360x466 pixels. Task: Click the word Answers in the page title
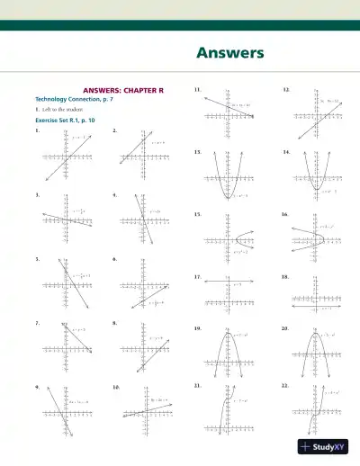(230, 53)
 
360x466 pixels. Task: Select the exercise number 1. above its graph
(36, 130)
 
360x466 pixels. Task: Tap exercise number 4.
(114, 194)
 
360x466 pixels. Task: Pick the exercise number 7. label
(36, 321)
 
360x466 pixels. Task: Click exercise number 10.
(116, 385)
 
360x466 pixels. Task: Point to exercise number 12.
(286, 91)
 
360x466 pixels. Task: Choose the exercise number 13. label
(197, 153)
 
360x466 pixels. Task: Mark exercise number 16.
(285, 215)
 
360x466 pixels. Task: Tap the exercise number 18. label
(285, 277)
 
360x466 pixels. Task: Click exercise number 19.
(197, 329)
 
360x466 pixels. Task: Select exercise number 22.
(285, 384)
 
